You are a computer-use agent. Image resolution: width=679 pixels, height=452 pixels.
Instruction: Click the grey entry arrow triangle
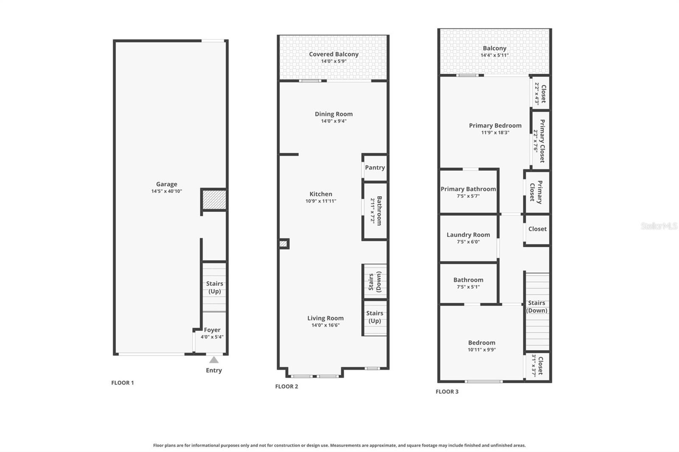(x=214, y=360)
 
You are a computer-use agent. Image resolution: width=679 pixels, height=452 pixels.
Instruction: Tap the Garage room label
(x=166, y=184)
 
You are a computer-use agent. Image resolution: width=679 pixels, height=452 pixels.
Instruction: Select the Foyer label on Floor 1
(x=212, y=330)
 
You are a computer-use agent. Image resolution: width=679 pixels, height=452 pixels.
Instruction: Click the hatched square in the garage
(x=214, y=199)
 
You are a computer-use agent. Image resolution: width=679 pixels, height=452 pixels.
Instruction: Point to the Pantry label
(x=375, y=167)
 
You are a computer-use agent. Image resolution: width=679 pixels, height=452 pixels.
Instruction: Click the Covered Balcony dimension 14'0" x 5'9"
(x=334, y=61)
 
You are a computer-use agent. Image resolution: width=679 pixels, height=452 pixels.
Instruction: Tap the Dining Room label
(x=334, y=114)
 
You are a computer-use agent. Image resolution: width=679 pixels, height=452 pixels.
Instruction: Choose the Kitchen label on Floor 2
(x=321, y=194)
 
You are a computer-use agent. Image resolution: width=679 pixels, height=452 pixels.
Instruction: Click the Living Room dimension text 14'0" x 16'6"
(x=325, y=326)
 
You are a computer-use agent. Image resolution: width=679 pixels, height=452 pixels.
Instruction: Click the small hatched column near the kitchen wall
(x=283, y=244)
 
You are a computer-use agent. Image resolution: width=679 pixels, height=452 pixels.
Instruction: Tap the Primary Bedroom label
(x=495, y=126)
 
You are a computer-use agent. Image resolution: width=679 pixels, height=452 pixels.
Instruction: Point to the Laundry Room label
(x=468, y=234)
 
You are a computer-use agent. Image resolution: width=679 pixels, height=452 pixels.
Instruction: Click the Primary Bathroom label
(x=468, y=189)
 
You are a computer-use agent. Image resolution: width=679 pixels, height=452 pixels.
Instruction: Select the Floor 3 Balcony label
(x=494, y=48)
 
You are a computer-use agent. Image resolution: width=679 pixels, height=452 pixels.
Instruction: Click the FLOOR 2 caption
(x=286, y=386)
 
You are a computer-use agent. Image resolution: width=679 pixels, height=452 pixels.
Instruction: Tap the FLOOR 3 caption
(x=447, y=391)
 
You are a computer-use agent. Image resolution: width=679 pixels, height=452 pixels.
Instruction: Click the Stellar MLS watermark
(x=659, y=226)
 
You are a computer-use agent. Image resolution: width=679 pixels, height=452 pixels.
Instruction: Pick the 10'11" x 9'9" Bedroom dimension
(x=482, y=350)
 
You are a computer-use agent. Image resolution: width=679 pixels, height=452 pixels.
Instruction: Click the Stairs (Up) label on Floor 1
(x=214, y=287)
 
